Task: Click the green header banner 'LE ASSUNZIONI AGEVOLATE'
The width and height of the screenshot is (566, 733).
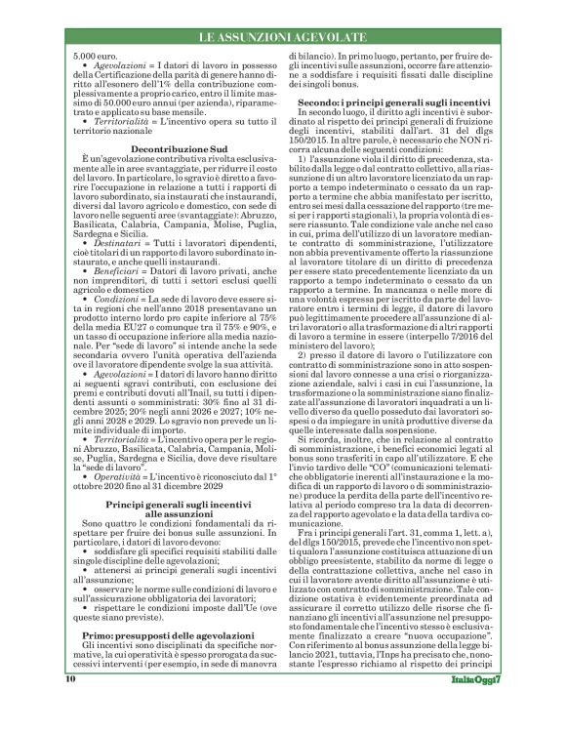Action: [x=282, y=36]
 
